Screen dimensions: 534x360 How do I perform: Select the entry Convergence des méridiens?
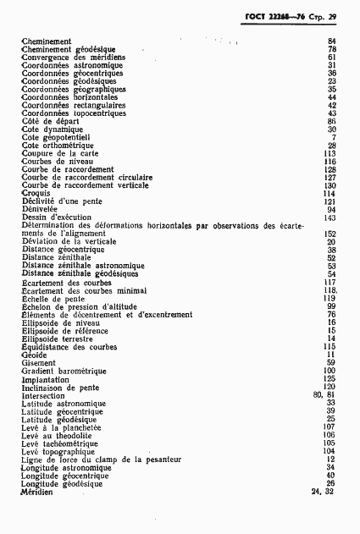69,57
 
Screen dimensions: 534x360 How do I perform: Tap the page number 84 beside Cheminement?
331,41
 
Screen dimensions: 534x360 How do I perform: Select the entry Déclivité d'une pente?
62,201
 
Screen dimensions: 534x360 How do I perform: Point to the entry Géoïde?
35,355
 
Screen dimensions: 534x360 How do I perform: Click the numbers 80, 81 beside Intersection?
324,395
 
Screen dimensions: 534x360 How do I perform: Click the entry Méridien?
36,492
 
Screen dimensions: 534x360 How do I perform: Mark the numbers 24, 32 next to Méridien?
324,492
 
